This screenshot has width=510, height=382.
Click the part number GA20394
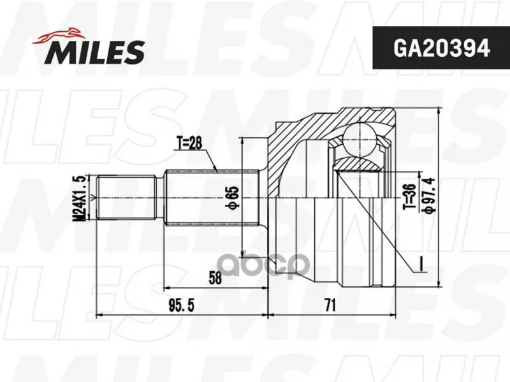pyautogui.click(x=441, y=48)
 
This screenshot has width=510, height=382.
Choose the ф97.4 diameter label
pyautogui.click(x=428, y=195)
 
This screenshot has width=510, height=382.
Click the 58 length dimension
pyautogui.click(x=215, y=278)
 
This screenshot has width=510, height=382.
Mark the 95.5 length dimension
pyautogui.click(x=181, y=305)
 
